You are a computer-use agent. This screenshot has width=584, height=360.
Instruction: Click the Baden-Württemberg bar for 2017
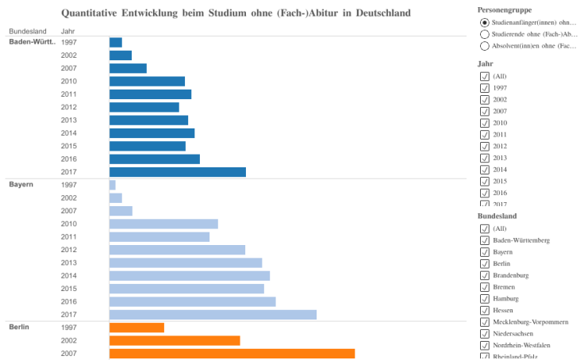[x=177, y=172]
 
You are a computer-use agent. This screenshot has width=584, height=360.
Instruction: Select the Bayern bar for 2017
[x=213, y=315]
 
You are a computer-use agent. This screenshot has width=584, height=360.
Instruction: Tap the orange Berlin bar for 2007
[x=232, y=353]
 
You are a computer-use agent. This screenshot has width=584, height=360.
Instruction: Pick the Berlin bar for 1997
[x=136, y=327]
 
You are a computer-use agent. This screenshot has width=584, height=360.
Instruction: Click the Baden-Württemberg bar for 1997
[x=116, y=42]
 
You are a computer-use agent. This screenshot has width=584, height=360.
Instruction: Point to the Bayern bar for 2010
[x=163, y=224]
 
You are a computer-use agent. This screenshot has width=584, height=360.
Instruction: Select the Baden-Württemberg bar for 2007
[x=128, y=68]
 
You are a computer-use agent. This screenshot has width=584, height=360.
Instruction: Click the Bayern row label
[x=21, y=185]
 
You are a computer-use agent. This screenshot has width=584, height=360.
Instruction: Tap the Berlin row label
[x=20, y=327]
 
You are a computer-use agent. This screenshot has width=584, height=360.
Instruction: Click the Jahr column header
[x=68, y=31]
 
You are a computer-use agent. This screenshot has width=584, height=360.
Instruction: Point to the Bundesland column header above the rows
[x=27, y=31]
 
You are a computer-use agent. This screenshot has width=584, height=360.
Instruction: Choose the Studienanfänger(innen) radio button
[x=485, y=22]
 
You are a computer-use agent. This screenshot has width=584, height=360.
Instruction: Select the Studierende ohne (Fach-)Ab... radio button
[x=485, y=35]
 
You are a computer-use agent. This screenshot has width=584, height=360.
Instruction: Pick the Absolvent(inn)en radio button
[x=485, y=47]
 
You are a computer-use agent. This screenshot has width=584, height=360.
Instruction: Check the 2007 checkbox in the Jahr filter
[x=485, y=111]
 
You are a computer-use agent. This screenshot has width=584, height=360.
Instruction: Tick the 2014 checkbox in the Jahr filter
[x=485, y=170]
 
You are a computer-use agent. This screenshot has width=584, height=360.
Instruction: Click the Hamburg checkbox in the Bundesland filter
[x=485, y=298]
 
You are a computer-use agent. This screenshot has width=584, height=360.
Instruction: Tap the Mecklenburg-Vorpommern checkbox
[x=485, y=322]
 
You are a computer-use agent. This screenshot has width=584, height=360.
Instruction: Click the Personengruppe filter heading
[x=505, y=9]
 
